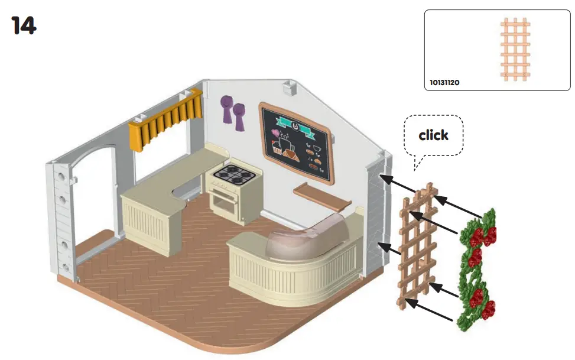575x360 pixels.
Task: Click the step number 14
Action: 24,25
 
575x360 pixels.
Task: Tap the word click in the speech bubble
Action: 433,135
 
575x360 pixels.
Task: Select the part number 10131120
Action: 443,83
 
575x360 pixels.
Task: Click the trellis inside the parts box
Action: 515,48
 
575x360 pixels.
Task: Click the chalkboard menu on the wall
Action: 295,142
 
